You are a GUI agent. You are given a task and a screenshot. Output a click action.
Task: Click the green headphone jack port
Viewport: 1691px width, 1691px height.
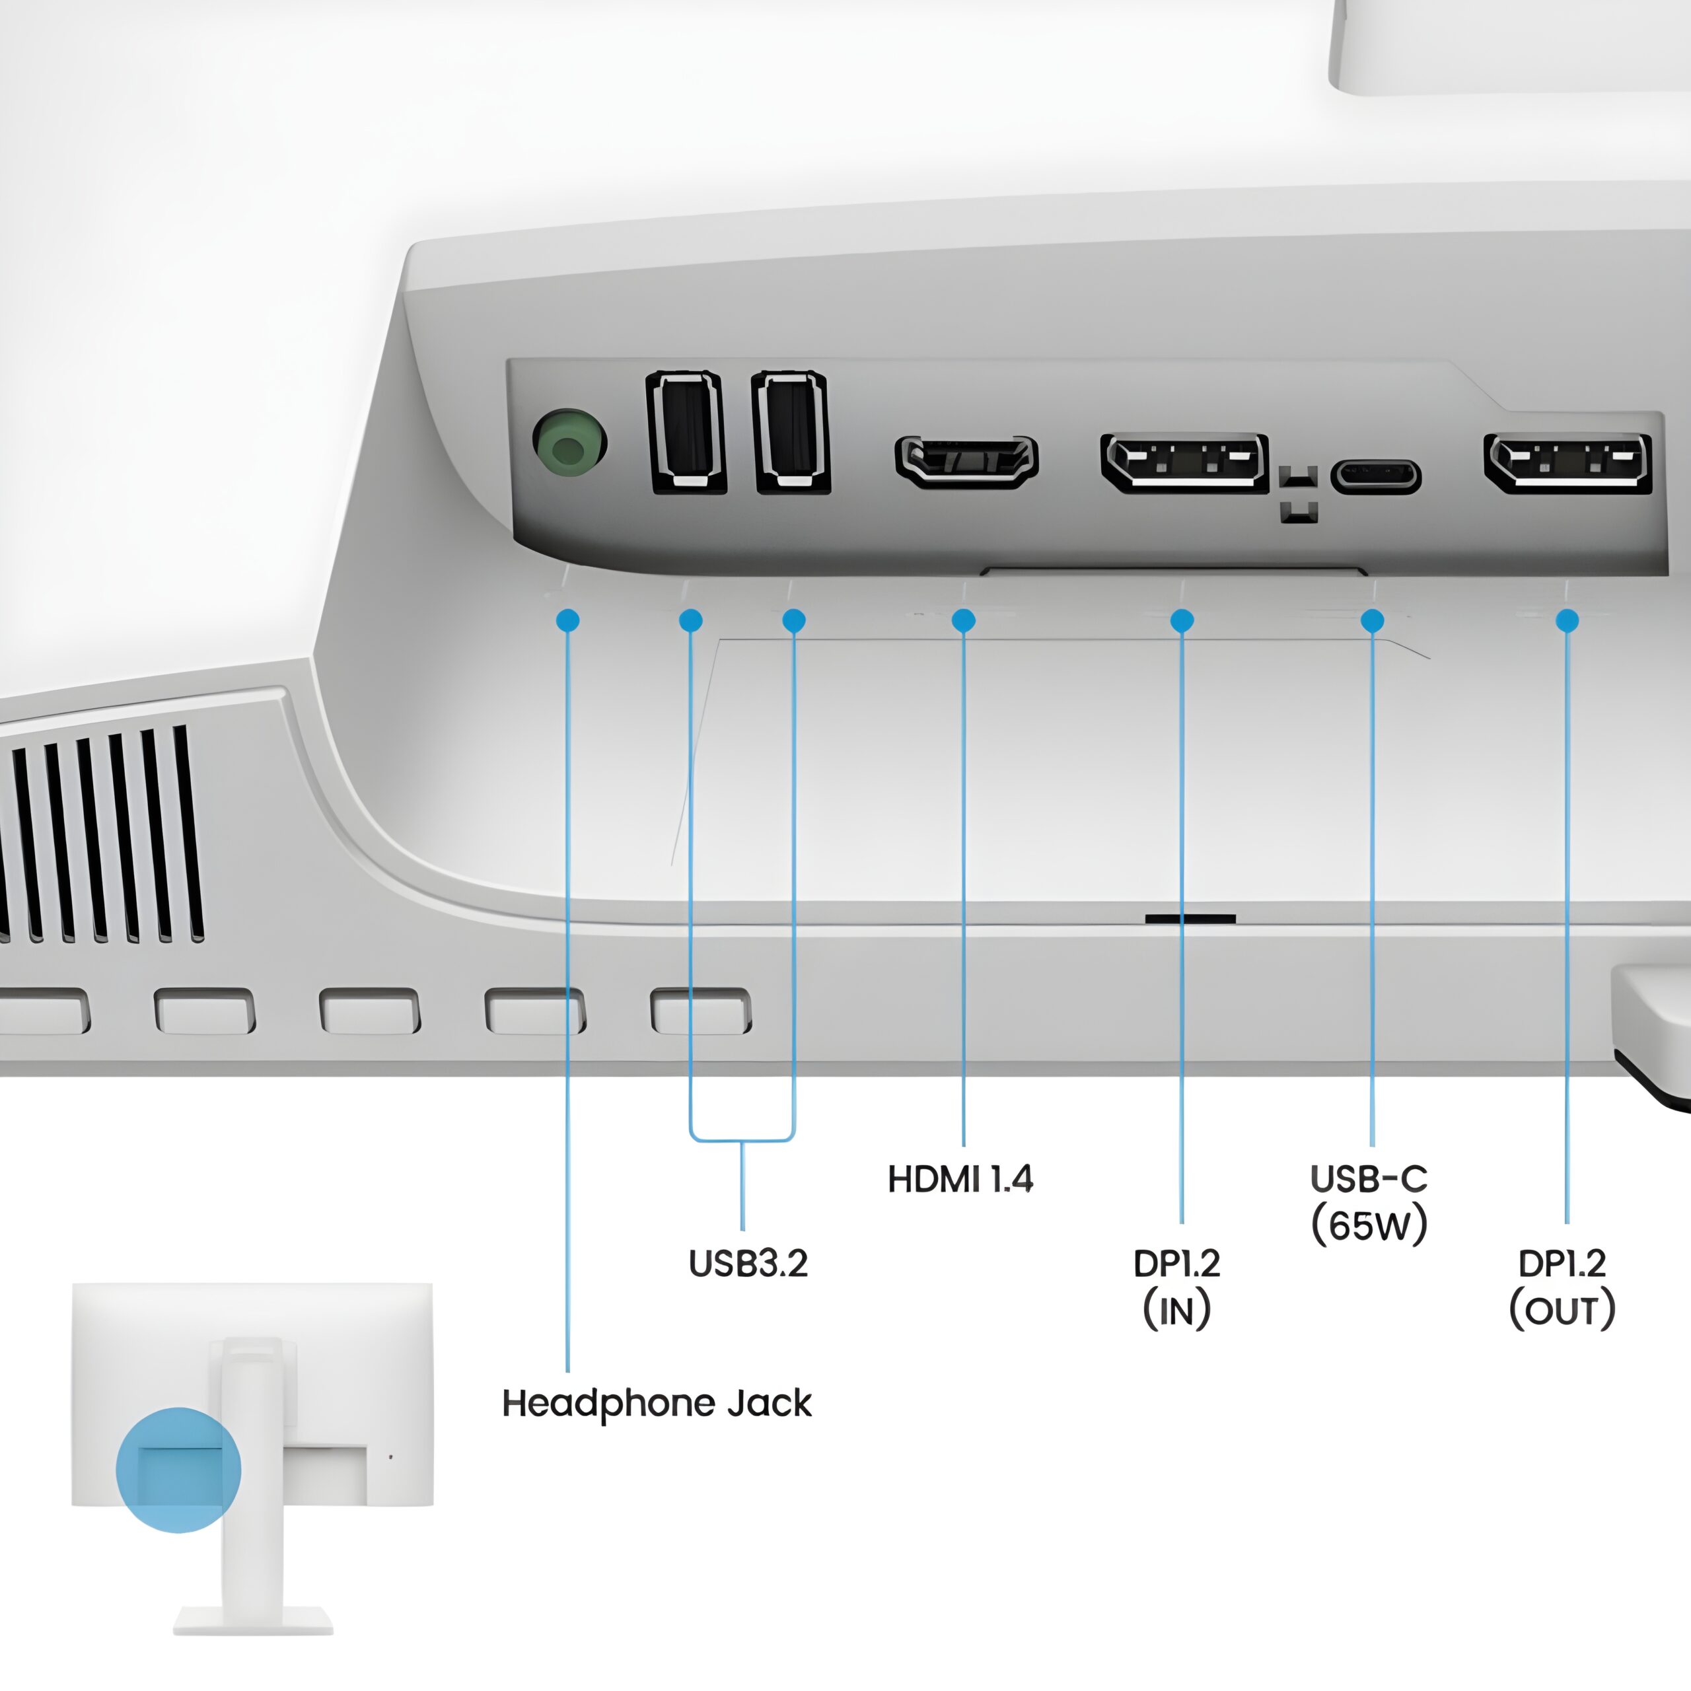point(570,441)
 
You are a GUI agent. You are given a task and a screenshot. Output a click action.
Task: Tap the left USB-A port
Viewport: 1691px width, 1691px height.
point(686,433)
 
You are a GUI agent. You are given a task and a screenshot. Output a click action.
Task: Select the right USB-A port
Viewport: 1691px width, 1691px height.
point(791,433)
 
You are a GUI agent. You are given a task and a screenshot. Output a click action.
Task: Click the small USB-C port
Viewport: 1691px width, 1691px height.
point(1376,476)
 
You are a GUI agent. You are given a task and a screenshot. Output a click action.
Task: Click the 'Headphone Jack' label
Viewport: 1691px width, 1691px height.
point(657,1403)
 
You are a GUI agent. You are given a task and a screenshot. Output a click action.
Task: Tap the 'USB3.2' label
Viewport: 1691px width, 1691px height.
point(748,1263)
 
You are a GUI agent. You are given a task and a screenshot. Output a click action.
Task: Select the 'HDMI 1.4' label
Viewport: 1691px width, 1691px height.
point(960,1179)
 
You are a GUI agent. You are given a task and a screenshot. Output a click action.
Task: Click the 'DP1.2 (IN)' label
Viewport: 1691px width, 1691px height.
point(1176,1287)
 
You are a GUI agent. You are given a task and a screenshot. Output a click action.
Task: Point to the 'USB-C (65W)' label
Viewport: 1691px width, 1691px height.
point(1369,1202)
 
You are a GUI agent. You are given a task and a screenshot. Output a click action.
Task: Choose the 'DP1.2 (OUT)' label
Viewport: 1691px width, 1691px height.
point(1562,1287)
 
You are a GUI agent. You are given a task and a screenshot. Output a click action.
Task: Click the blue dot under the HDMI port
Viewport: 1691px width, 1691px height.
point(964,620)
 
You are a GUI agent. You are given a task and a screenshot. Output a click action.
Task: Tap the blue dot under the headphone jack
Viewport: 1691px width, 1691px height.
point(567,620)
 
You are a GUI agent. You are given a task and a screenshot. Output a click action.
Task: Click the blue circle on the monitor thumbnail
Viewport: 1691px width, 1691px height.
point(178,1470)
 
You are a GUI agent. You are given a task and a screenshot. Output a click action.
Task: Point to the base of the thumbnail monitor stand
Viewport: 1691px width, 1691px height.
point(253,1620)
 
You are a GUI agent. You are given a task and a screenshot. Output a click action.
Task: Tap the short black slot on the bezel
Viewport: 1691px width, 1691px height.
point(1190,919)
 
